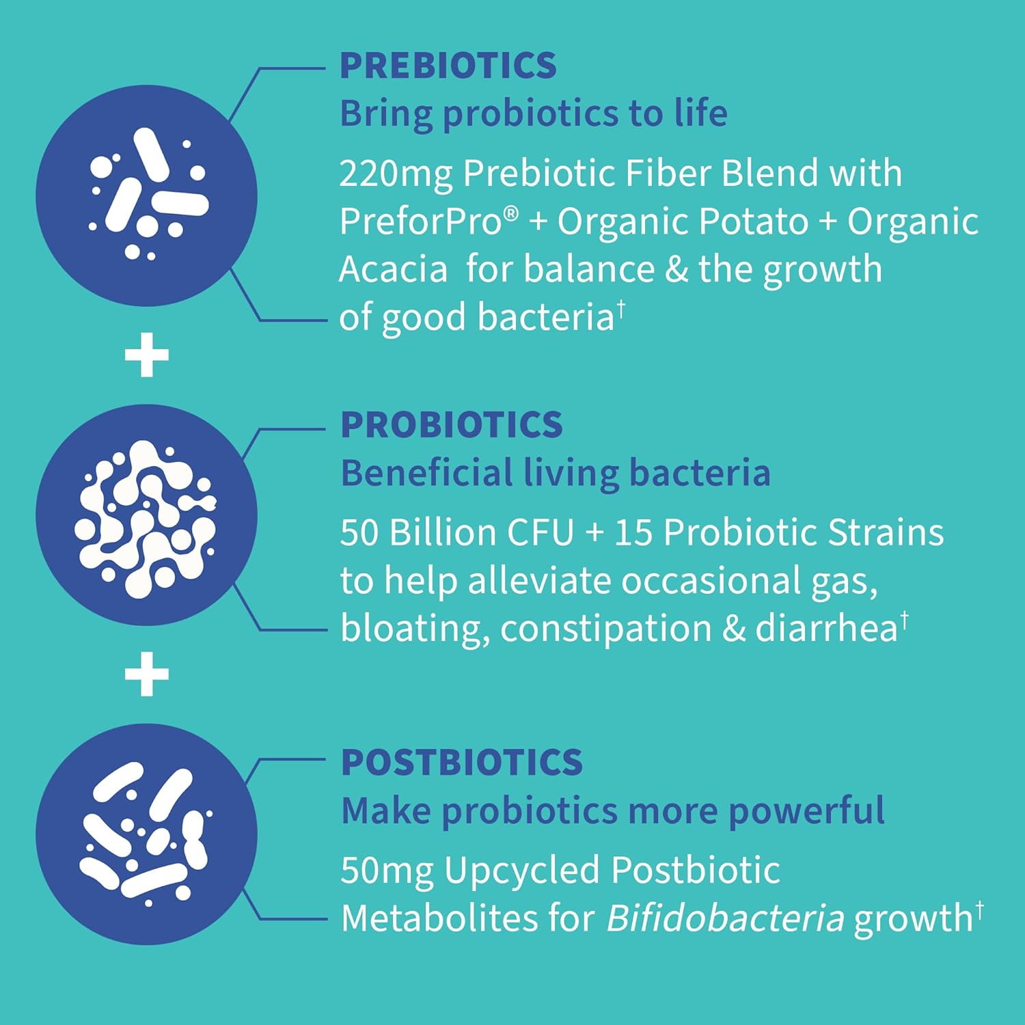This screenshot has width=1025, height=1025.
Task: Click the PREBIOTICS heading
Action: click(x=448, y=66)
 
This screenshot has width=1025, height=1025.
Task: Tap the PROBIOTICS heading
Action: click(x=451, y=425)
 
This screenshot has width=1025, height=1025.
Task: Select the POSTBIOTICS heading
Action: click(x=461, y=763)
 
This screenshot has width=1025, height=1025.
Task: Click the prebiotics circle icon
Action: click(x=146, y=195)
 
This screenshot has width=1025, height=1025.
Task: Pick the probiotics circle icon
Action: click(x=146, y=515)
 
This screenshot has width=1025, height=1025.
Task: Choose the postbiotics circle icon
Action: click(x=146, y=834)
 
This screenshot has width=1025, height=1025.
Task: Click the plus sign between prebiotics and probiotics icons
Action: click(x=146, y=355)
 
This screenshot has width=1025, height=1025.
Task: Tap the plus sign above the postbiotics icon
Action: click(x=146, y=674)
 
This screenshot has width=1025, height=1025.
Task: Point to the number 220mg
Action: click(x=396, y=174)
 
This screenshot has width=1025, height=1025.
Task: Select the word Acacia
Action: click(x=393, y=269)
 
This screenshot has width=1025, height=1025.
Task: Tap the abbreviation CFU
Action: click(x=540, y=532)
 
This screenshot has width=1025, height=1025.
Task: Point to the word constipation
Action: click(x=605, y=628)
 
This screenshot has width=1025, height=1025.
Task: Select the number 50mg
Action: click(x=386, y=871)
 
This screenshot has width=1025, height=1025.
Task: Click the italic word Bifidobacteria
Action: click(x=725, y=918)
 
